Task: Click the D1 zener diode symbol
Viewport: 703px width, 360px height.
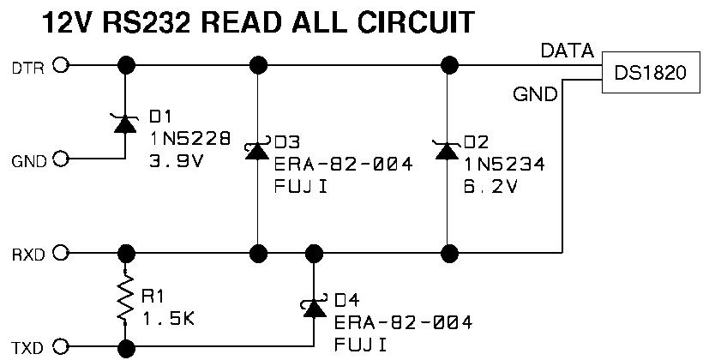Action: pyautogui.click(x=125, y=123)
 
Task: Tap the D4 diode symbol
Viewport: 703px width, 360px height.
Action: pyautogui.click(x=314, y=307)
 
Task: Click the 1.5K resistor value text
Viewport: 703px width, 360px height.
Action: pyautogui.click(x=168, y=319)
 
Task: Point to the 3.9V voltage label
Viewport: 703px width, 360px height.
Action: pyautogui.click(x=177, y=160)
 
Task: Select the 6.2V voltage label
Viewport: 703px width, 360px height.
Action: pyautogui.click(x=490, y=186)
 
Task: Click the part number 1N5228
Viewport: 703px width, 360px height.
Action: pyautogui.click(x=190, y=139)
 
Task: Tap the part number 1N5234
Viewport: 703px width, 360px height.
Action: pyautogui.click(x=504, y=165)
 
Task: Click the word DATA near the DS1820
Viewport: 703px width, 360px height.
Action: pyautogui.click(x=568, y=51)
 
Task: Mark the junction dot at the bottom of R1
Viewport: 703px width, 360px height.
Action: pyautogui.click(x=126, y=348)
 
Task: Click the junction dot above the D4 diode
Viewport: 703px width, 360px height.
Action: pyautogui.click(x=314, y=254)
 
